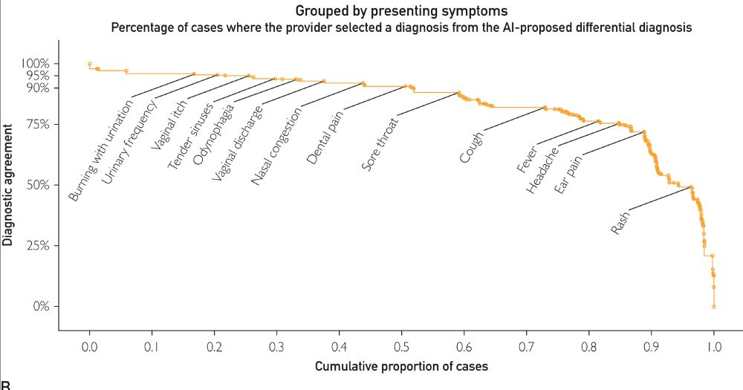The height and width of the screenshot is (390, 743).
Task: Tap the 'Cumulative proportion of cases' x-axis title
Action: [x=401, y=366]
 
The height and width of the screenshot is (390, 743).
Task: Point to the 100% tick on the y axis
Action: [x=35, y=63]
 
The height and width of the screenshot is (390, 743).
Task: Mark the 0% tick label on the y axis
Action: [x=40, y=306]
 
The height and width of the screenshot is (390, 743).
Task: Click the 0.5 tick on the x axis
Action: [x=401, y=346]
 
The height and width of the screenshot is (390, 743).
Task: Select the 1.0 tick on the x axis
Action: [x=713, y=346]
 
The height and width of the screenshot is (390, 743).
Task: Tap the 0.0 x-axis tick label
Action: [x=89, y=346]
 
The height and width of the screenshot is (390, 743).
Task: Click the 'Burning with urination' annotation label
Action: [x=100, y=152]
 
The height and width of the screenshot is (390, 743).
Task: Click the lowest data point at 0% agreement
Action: [x=713, y=306]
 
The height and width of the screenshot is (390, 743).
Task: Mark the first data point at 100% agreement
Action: [x=89, y=64]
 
